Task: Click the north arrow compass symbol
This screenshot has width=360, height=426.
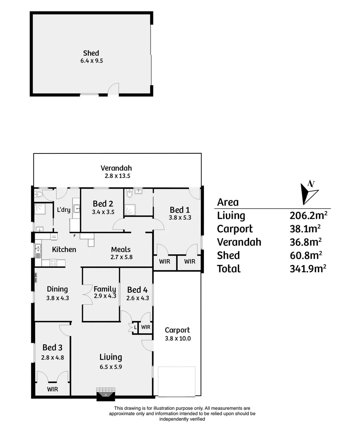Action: click(x=308, y=192)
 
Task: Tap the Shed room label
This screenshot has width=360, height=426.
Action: click(x=91, y=53)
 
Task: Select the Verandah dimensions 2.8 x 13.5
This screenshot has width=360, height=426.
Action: click(x=116, y=176)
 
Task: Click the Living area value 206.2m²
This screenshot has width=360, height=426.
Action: click(x=309, y=216)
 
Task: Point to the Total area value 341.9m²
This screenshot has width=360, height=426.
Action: click(x=309, y=269)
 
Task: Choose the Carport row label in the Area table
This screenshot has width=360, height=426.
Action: click(x=235, y=229)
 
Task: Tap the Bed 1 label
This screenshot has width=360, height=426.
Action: click(x=179, y=210)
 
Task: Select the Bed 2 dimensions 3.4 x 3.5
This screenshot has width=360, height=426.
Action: click(x=103, y=212)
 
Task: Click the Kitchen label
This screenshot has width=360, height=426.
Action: click(x=64, y=249)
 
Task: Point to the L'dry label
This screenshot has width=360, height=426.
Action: click(x=63, y=209)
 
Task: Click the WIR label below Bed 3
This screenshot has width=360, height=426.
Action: click(x=53, y=389)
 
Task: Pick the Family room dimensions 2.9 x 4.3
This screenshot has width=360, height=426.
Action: click(x=105, y=296)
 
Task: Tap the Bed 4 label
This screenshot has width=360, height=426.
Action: click(x=137, y=290)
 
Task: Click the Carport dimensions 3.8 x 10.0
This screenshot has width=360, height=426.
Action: click(x=177, y=338)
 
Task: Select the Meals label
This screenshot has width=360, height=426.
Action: click(x=121, y=249)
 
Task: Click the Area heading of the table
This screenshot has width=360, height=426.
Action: click(x=228, y=202)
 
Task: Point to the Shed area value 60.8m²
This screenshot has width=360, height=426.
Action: click(x=309, y=256)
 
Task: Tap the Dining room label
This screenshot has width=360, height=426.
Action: click(x=57, y=290)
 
